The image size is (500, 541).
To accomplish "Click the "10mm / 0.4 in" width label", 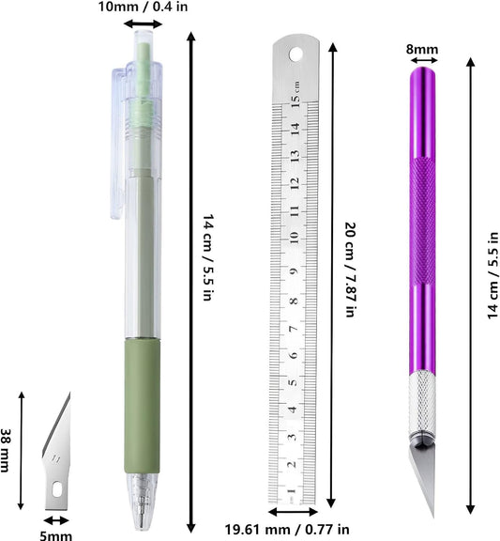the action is pos(143,7).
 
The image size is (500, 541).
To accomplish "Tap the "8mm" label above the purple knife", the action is pos(422,50).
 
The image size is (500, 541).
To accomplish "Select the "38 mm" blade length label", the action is pos(5,450).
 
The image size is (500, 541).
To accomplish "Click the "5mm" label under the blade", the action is pos(56,535).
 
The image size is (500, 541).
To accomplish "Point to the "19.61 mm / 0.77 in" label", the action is pos(287,530).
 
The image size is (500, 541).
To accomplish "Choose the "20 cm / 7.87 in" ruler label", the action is pos(350,270).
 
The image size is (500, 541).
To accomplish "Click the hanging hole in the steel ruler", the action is pos(295,54).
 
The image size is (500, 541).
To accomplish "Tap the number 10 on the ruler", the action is pos(294,238).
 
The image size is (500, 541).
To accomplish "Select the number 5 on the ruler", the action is pos(293,382).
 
